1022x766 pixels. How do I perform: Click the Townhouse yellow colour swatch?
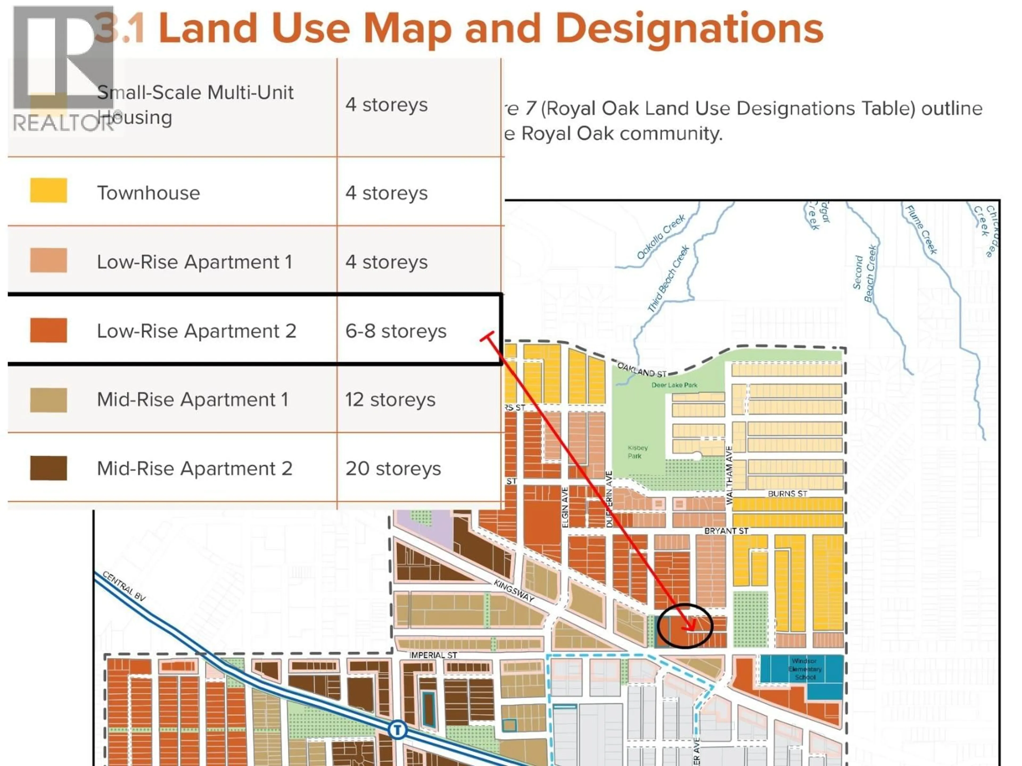coord(48,190)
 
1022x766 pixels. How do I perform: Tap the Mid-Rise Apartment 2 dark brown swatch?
coord(48,468)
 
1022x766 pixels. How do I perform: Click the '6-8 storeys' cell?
coord(396,331)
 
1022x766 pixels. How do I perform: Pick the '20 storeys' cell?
coord(393,469)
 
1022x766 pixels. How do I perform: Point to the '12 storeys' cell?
coord(390,400)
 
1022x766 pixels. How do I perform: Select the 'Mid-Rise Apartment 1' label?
coord(193,400)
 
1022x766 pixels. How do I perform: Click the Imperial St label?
coord(433,655)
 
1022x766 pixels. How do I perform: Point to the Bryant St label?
coord(726,531)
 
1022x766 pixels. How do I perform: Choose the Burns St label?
coord(787,494)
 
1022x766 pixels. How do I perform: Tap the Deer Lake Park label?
coord(674,385)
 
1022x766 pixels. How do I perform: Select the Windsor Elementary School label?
coord(805,669)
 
